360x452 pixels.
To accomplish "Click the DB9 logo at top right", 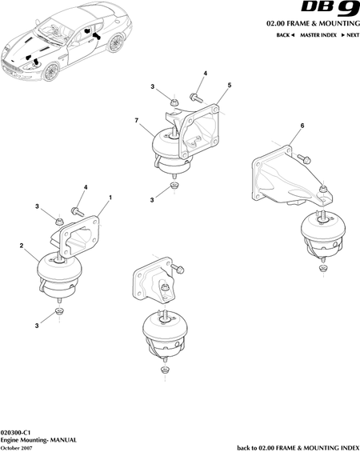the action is pos(330,9).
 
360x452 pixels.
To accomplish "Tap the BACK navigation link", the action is pos(285,35).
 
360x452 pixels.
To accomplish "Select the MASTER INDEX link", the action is pos(318,35).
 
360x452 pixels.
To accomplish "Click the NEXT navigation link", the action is pos(350,35).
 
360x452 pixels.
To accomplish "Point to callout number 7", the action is pos(137,120).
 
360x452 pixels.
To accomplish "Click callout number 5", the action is pos(230,85).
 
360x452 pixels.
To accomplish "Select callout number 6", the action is pos(302,126).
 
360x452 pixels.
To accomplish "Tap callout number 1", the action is pos(110,198).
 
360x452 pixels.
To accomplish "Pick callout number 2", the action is pos(22,246).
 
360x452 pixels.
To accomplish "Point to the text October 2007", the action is pos(17,448).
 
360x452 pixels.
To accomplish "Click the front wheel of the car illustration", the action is pos(51,72).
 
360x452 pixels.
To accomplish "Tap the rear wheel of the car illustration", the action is pos(116,42).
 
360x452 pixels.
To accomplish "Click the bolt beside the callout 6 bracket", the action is pos(303,158).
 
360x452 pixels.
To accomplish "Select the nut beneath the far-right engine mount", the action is pos(323,268).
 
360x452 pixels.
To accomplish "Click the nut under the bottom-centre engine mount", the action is pos(165,370).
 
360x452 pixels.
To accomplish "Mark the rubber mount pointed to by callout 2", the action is pos(59,277).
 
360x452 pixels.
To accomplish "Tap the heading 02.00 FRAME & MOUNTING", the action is pos(313,24).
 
